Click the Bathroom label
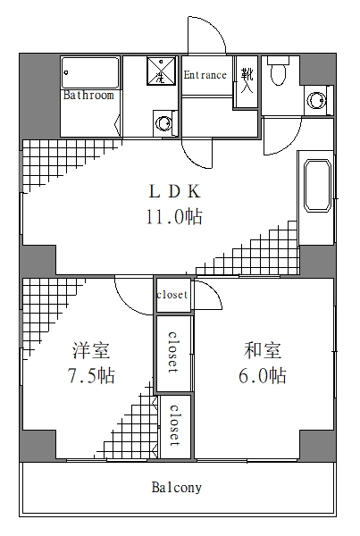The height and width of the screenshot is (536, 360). point(88,95)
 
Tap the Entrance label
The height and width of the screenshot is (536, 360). point(205,76)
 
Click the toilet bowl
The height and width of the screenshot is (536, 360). point(279,71)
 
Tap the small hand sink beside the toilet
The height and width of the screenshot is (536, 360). point(315,98)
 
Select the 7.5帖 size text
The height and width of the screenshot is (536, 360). point(90,375)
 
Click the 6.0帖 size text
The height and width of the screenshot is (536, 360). point(263,375)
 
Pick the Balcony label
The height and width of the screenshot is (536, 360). point(176,488)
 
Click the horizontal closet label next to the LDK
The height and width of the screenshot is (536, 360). point(172,295)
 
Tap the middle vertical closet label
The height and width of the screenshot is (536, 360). point(173,354)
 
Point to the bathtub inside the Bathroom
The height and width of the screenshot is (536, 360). point(89,73)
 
